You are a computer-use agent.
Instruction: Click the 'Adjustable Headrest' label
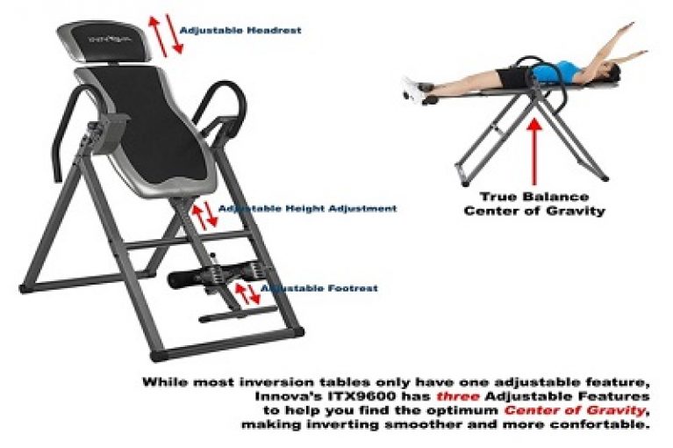tap(240, 30)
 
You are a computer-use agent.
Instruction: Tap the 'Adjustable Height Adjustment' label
tap(307, 209)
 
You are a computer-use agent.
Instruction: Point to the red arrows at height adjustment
tap(204, 213)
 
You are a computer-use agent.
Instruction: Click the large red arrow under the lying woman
tap(533, 149)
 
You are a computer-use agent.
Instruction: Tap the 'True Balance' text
tap(533, 196)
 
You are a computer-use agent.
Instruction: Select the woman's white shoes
tap(412, 84)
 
